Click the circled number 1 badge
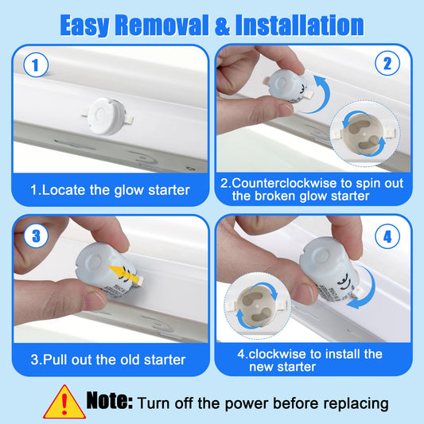[x=36, y=65]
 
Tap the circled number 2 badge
[x=387, y=64]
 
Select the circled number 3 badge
[x=36, y=235]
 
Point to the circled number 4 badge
[x=387, y=236]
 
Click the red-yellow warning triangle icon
[x=64, y=403]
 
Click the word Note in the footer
[x=109, y=401]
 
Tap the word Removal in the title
[x=162, y=25]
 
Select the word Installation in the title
[x=300, y=25]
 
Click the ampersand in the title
[x=223, y=25]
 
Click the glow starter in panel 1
[x=107, y=116]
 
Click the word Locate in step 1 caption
[x=64, y=190]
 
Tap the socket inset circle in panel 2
[x=365, y=134]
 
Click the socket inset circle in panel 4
[x=258, y=305]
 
